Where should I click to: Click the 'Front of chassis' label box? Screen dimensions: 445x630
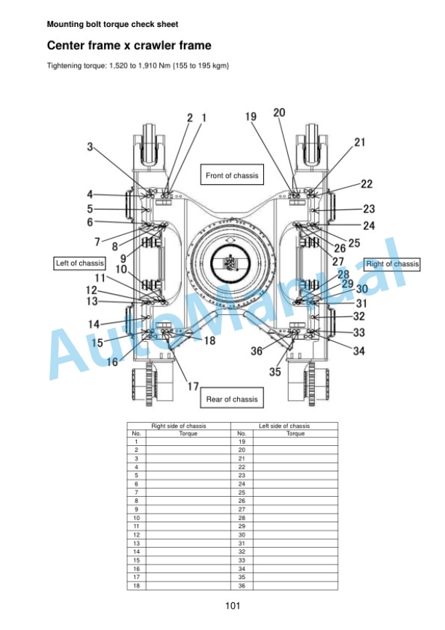(232, 175)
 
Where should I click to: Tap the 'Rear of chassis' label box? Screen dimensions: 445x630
(232, 398)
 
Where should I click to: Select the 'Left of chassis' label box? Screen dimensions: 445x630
(80, 263)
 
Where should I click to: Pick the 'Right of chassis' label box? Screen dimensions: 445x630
(392, 264)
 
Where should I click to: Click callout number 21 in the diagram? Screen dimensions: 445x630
(359, 143)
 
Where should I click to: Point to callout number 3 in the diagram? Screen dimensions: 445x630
(90, 147)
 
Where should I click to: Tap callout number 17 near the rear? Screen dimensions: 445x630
(193, 386)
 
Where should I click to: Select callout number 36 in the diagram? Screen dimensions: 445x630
(257, 351)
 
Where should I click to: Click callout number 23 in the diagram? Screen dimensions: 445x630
(369, 209)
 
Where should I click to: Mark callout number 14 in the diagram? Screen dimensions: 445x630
(94, 324)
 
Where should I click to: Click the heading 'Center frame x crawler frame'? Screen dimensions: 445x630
(129, 45)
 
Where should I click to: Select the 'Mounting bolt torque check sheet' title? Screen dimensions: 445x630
(113, 24)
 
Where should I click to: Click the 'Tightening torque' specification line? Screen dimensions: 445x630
(138, 65)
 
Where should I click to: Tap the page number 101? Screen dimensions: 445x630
(233, 605)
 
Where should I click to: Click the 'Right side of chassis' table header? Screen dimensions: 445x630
(179, 426)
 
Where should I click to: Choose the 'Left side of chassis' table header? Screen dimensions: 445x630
(284, 426)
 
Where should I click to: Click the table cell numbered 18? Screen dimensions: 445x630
(137, 586)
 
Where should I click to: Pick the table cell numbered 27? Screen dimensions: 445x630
(242, 509)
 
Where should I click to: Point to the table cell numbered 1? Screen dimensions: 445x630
(137, 442)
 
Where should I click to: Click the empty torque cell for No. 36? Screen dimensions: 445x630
(295, 586)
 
